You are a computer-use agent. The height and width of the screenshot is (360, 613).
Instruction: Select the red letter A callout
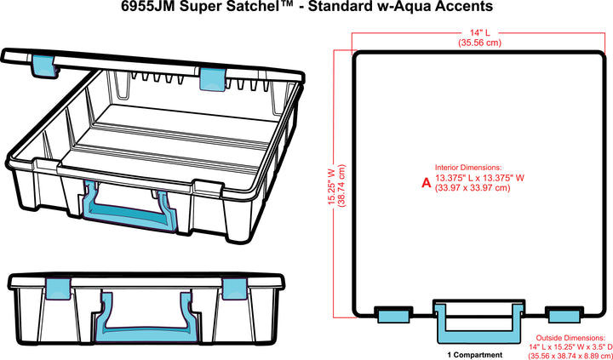[x=427, y=182]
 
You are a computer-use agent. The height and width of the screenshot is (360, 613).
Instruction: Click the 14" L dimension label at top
[x=472, y=32]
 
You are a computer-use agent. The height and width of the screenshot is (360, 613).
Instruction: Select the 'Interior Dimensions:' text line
[x=467, y=169]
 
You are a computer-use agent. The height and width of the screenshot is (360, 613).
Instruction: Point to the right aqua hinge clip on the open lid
[x=213, y=78]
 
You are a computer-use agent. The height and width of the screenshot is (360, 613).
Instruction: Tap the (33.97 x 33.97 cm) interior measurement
[x=473, y=188]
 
